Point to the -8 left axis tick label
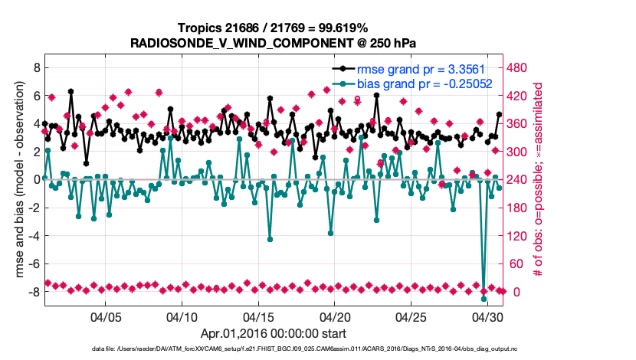tap(32, 292)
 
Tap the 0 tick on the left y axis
tap(35, 179)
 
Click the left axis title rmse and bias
tap(14, 179)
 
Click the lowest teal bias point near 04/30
tap(484, 299)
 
